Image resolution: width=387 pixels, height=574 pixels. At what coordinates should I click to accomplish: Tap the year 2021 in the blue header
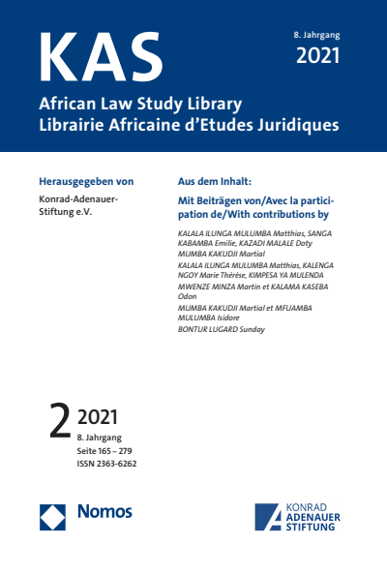[x=317, y=56]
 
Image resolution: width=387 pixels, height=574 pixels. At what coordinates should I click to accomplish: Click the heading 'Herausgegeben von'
[x=85, y=181]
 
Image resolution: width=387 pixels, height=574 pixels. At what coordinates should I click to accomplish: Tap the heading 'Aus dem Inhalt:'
[x=215, y=181]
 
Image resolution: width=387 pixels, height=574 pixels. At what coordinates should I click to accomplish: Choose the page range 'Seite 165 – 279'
[x=111, y=451]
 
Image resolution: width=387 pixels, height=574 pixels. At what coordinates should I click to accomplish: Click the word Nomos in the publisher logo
[x=104, y=511]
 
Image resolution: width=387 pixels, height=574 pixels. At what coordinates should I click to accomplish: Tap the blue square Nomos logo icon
[x=52, y=517]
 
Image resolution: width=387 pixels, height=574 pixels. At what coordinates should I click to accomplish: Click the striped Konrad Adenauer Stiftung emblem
[x=270, y=517]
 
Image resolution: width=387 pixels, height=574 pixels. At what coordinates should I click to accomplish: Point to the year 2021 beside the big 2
[x=97, y=419]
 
